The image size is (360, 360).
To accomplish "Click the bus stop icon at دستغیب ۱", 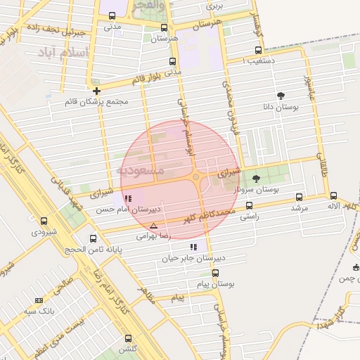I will coord(259,51).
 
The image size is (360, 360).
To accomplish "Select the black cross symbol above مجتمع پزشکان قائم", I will coord(96,91).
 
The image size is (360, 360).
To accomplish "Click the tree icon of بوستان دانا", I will coord(281,96).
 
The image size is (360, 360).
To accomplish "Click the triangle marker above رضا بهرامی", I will coord(154,226).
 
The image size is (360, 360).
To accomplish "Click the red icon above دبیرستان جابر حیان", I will coord(193,247).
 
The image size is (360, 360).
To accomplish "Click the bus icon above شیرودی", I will coord(44,221).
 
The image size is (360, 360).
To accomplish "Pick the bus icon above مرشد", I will coord(300,198).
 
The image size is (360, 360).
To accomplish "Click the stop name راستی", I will coord(250,217).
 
